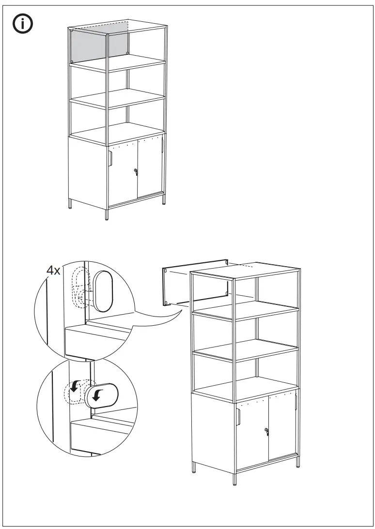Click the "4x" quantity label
[54, 271]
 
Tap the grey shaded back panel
[99, 45]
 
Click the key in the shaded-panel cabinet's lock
[136, 171]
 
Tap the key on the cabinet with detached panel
[266, 431]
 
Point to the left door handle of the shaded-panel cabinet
[111, 158]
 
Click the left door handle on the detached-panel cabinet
[239, 417]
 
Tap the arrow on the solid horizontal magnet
[98, 395]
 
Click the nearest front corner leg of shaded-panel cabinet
[107, 214]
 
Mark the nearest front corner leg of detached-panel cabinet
[235, 478]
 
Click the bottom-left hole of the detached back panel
[166, 303]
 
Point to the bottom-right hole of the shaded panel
[127, 53]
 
